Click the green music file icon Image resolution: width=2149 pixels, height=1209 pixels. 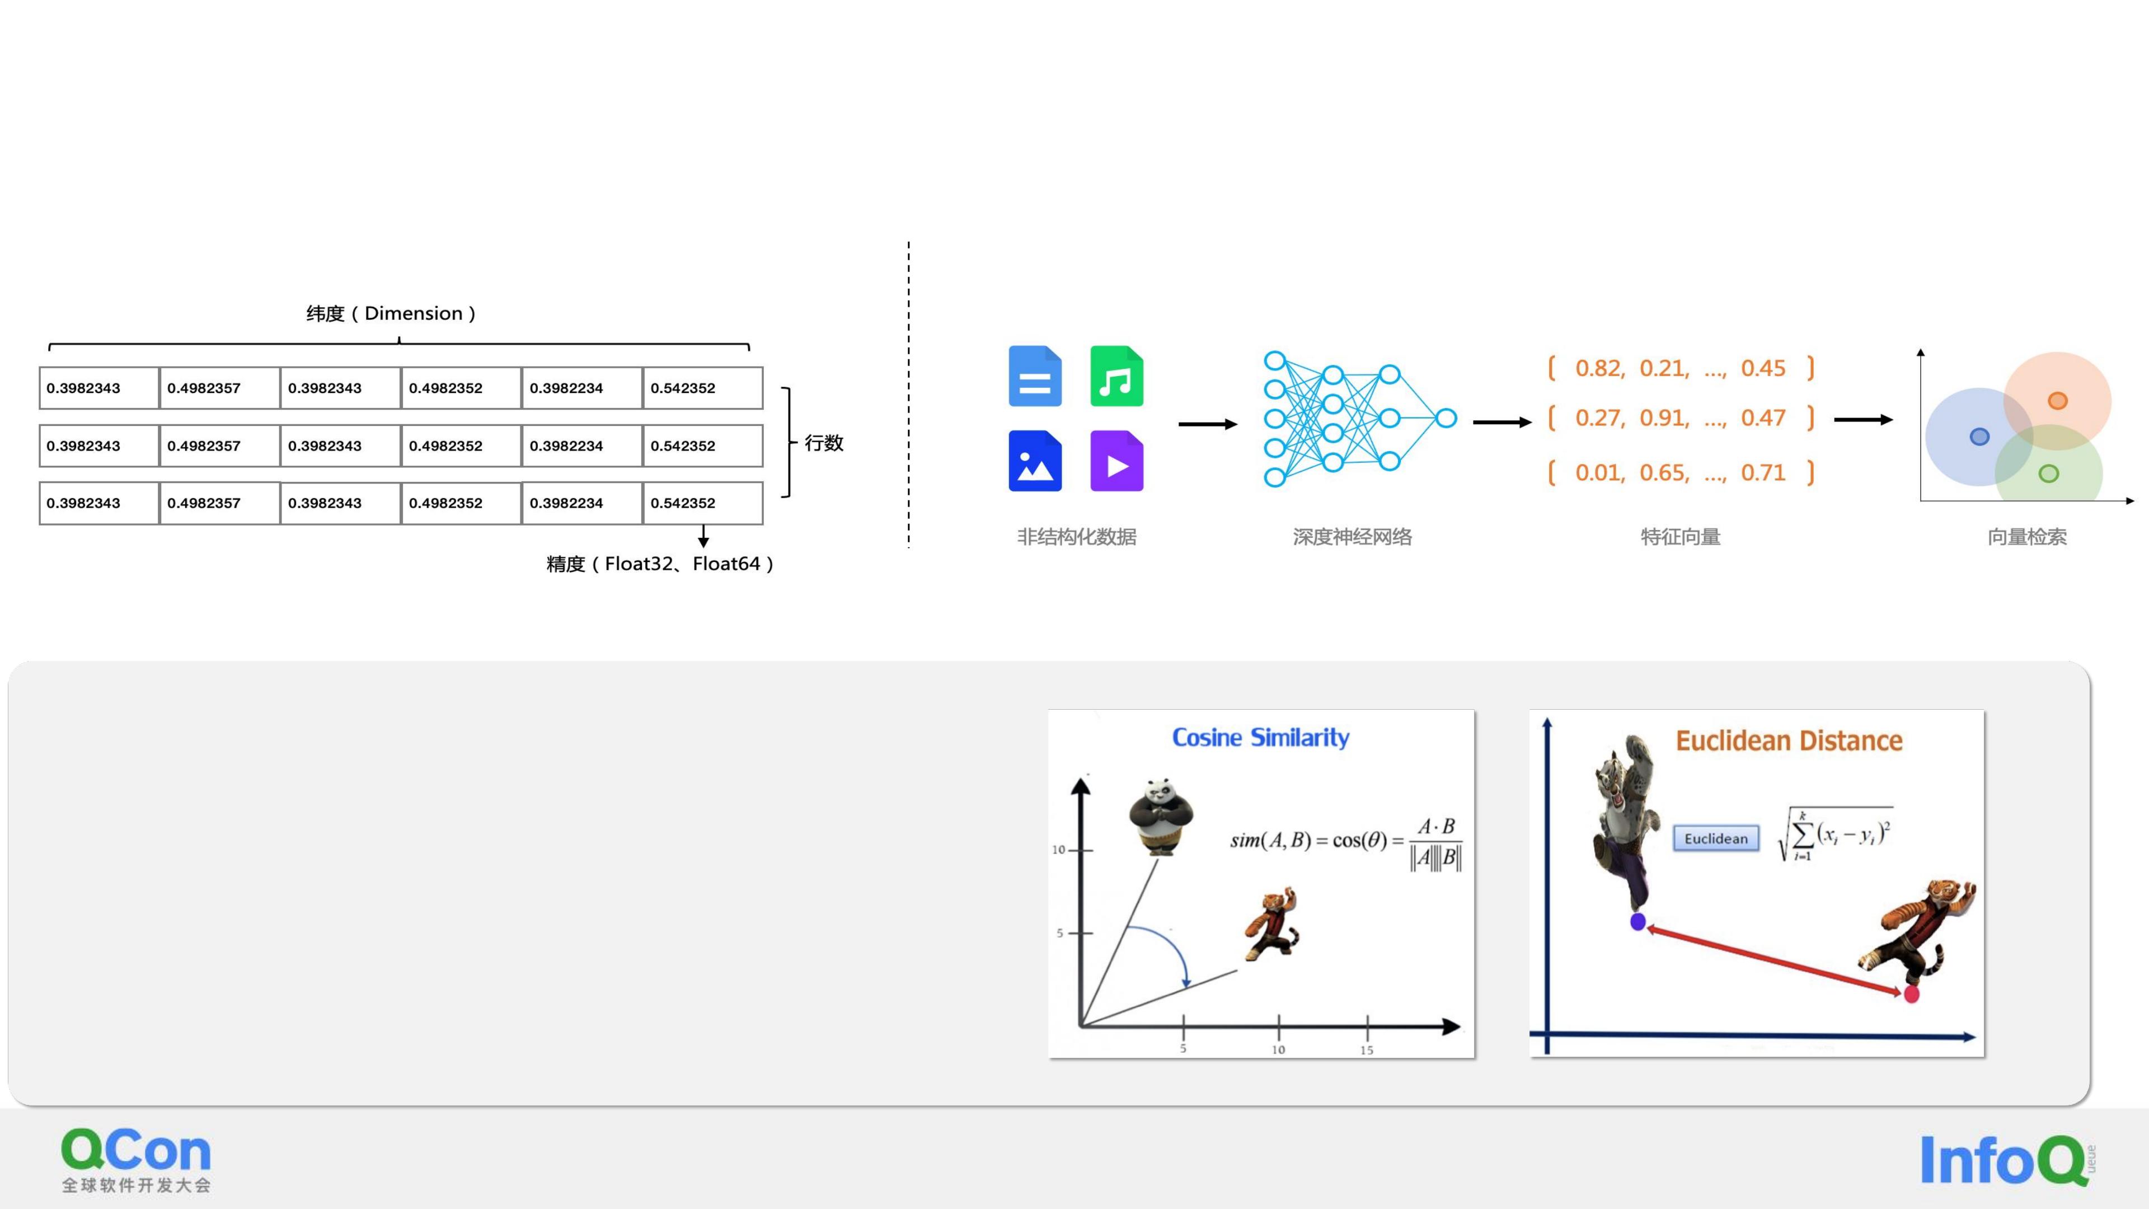click(1116, 376)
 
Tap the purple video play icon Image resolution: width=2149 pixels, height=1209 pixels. click(1116, 461)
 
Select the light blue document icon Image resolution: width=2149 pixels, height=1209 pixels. click(1034, 376)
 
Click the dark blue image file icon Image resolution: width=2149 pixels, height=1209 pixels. click(1034, 461)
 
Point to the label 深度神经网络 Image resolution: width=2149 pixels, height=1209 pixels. click(1352, 537)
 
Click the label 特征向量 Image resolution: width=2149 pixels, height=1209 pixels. click(1680, 537)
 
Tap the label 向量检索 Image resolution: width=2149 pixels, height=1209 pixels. click(2027, 537)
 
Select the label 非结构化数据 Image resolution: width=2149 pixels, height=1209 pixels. click(1076, 537)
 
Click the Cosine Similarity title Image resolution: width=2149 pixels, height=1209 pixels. click(1260, 738)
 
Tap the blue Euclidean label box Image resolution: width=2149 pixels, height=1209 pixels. click(1715, 838)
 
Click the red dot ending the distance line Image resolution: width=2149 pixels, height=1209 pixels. click(1911, 994)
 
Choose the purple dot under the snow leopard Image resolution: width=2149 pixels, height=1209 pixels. click(1637, 922)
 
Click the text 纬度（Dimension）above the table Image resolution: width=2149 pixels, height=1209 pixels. click(391, 313)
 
